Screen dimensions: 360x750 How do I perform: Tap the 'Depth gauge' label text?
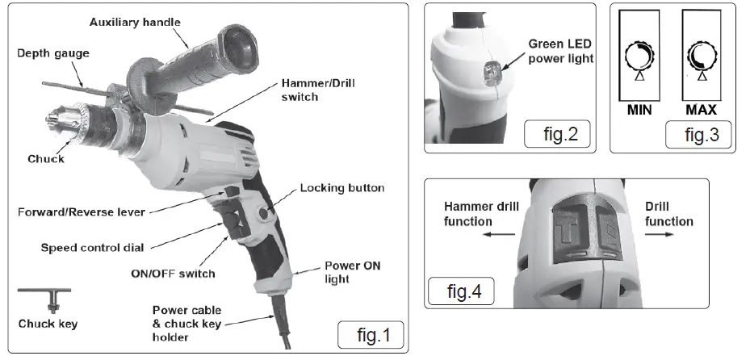click(x=52, y=53)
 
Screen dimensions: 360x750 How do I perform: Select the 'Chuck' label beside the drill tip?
click(x=45, y=159)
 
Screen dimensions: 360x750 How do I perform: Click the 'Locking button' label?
click(x=341, y=188)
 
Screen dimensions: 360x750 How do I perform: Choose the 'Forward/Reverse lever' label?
click(x=82, y=213)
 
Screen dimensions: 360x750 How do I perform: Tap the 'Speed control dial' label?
click(x=92, y=247)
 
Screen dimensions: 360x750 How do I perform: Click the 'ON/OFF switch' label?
click(x=173, y=273)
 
